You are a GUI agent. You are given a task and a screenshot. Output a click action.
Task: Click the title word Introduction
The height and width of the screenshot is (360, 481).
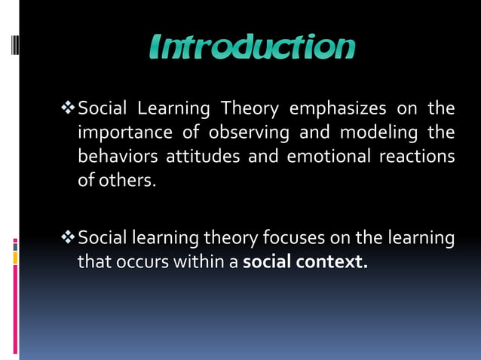251,47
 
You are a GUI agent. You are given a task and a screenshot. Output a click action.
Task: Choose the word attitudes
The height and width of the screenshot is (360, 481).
195,157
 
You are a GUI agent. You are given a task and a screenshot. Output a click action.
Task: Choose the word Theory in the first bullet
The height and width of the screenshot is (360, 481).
248,109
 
